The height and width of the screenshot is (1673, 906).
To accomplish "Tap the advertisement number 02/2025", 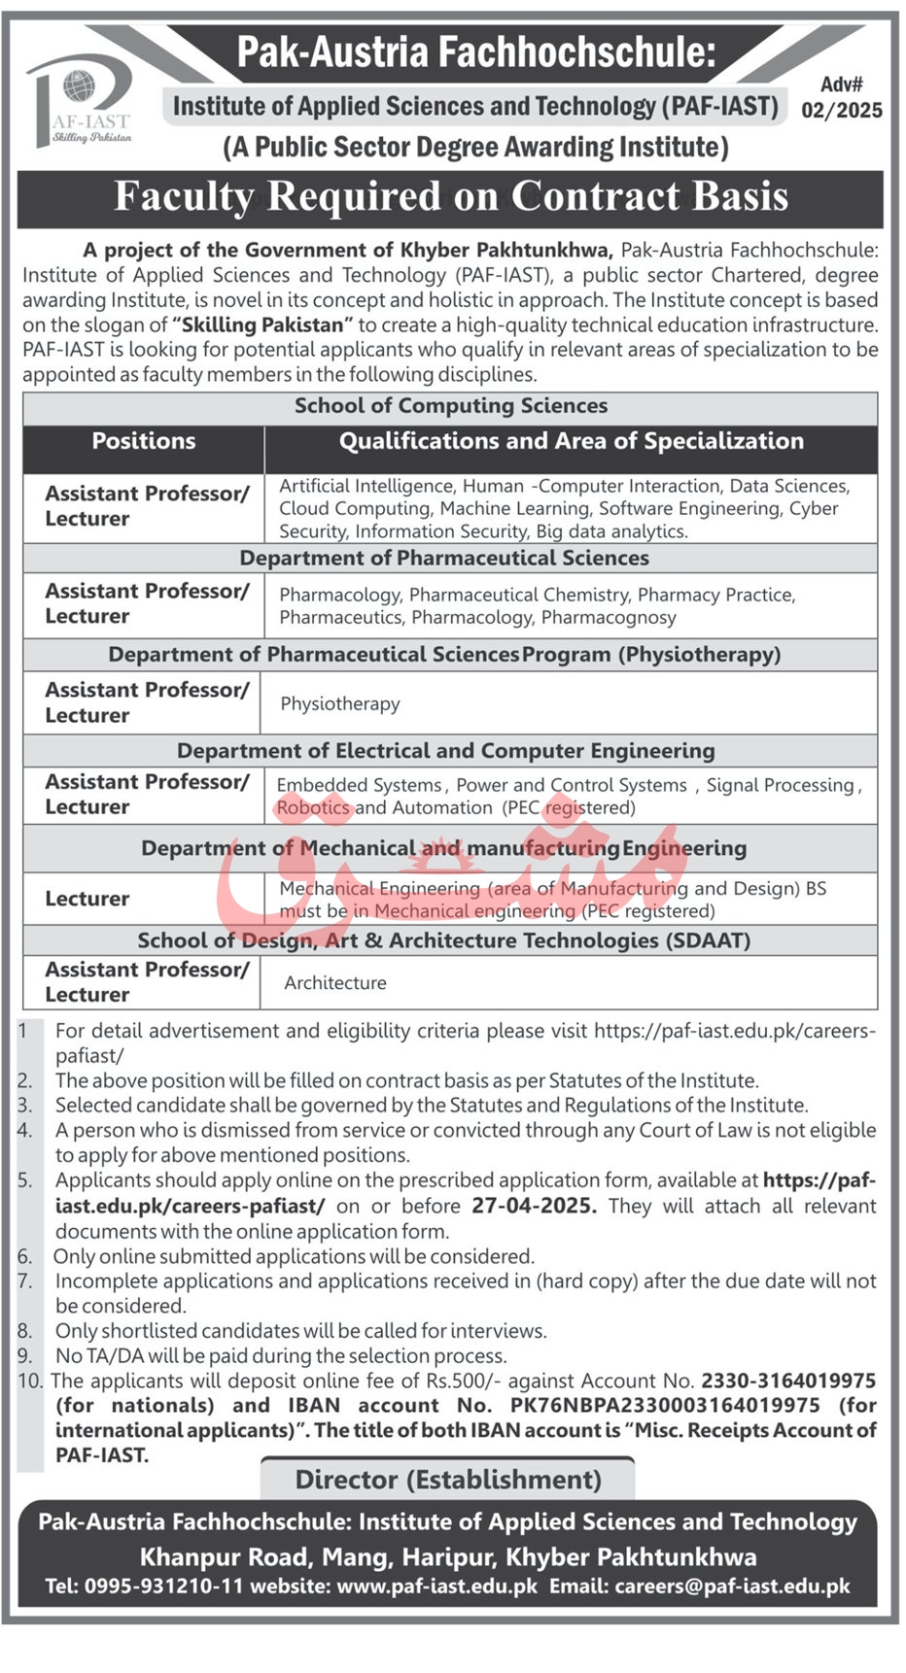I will pos(842,110).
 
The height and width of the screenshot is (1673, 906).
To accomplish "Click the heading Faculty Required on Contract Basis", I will pos(451,197).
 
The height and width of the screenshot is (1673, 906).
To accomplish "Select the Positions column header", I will pos(144,441).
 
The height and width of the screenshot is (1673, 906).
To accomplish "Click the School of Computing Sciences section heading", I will pos(451,406).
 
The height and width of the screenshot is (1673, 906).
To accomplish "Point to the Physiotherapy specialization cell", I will pos(340,703).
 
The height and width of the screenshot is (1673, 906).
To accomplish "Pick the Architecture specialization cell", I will pos(335,983).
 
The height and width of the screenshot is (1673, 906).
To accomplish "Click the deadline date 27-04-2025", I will pos(534,1206).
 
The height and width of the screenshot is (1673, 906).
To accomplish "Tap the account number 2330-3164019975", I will pos(788,1381).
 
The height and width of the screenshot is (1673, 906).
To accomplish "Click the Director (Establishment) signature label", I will pos(448,1480).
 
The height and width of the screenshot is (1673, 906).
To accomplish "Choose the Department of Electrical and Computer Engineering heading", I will pos(445,751).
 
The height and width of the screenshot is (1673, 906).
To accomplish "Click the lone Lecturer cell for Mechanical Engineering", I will pos(87,899).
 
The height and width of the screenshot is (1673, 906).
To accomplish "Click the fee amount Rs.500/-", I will pos(463,1381).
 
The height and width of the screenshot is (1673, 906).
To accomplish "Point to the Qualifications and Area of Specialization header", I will pos(571,441).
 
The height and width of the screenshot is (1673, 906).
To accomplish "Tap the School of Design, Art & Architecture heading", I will pos(443,940).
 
